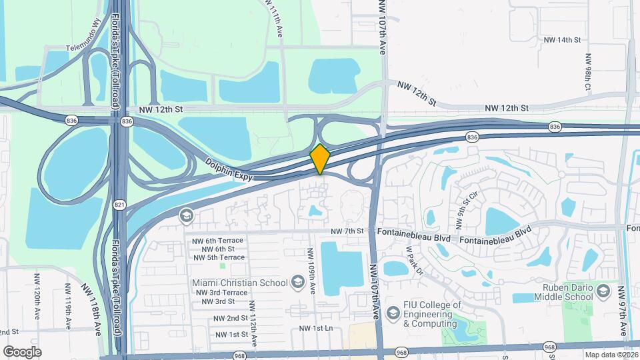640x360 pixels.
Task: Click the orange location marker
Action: click(x=320, y=159)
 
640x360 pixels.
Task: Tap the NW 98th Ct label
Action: click(x=587, y=73)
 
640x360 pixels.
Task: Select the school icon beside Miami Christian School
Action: click(x=297, y=283)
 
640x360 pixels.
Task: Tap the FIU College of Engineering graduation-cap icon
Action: click(x=393, y=313)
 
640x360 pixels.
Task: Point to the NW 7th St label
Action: click(x=347, y=231)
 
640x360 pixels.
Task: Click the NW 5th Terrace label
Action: click(x=219, y=257)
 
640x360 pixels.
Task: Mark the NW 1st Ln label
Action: click(x=315, y=329)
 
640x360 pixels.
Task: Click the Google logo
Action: click(x=22, y=351)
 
